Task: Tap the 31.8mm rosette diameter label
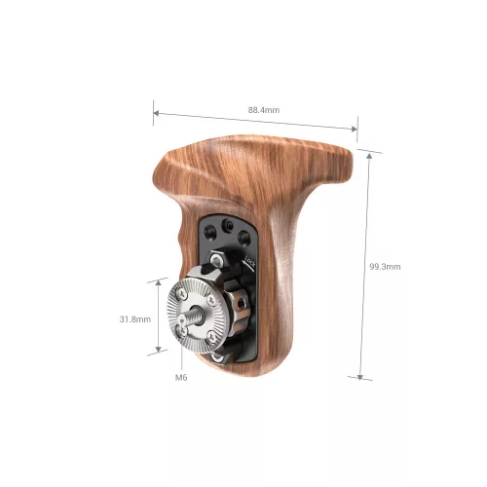click(x=135, y=318)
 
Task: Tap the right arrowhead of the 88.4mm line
click(x=356, y=128)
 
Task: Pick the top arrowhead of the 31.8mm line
click(x=159, y=281)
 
